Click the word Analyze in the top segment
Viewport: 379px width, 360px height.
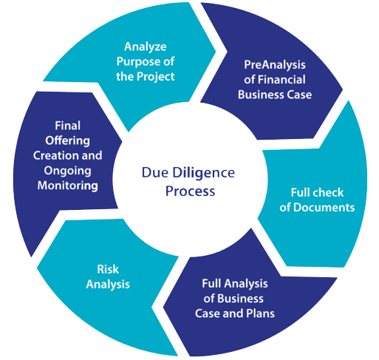tap(146, 47)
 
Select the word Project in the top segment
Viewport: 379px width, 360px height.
tap(156, 77)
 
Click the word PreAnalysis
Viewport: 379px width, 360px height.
tap(275, 65)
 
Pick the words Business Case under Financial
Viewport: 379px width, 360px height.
tap(275, 95)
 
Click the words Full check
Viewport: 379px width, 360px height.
tap(317, 192)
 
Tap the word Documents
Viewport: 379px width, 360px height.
tap(324, 208)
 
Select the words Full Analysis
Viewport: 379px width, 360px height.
tap(235, 284)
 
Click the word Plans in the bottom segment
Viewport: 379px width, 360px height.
tap(260, 313)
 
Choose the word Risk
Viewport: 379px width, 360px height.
tap(108, 269)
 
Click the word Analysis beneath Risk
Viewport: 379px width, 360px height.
tap(108, 285)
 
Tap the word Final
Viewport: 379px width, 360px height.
tap(68, 126)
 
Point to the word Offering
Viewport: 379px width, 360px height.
tap(67, 141)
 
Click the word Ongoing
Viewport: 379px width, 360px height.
tap(67, 171)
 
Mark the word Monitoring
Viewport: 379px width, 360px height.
tap(68, 186)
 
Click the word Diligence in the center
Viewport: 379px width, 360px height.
tap(203, 173)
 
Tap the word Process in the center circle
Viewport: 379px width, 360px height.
tap(190, 191)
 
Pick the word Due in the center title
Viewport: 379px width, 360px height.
tap(155, 172)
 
